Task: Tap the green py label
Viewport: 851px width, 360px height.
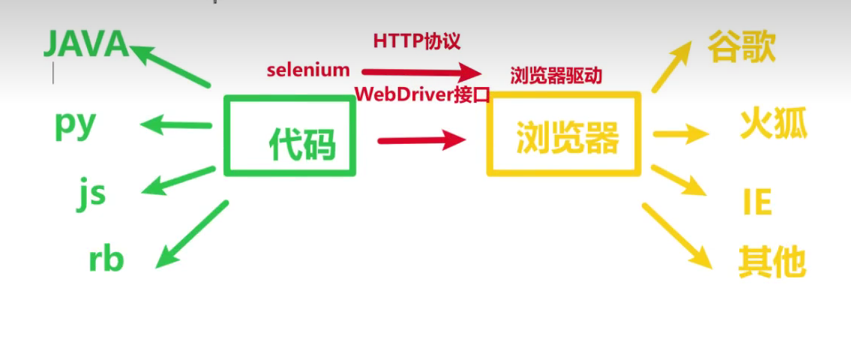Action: pyautogui.click(x=76, y=124)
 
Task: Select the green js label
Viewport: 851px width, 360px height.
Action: pyautogui.click(x=91, y=193)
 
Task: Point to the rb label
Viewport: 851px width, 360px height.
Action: pyautogui.click(x=106, y=259)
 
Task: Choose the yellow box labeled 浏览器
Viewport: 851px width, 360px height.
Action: pyautogui.click(x=564, y=135)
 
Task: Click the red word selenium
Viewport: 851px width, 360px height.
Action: pyautogui.click(x=308, y=70)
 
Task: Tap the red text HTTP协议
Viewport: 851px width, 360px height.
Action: pyautogui.click(x=416, y=41)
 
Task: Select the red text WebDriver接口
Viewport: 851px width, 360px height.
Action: pyautogui.click(x=421, y=94)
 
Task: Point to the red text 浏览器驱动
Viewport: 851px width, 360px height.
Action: pyautogui.click(x=556, y=76)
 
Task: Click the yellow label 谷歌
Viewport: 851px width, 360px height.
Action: pyautogui.click(x=741, y=46)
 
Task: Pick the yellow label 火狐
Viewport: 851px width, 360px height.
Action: pyautogui.click(x=773, y=123)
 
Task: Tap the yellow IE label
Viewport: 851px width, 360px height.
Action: pyautogui.click(x=757, y=202)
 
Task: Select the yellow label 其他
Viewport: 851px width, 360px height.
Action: pyautogui.click(x=772, y=262)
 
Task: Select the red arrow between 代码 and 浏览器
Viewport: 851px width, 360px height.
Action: pyautogui.click(x=421, y=139)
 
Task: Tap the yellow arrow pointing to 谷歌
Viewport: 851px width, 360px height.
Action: pyautogui.click(x=671, y=67)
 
